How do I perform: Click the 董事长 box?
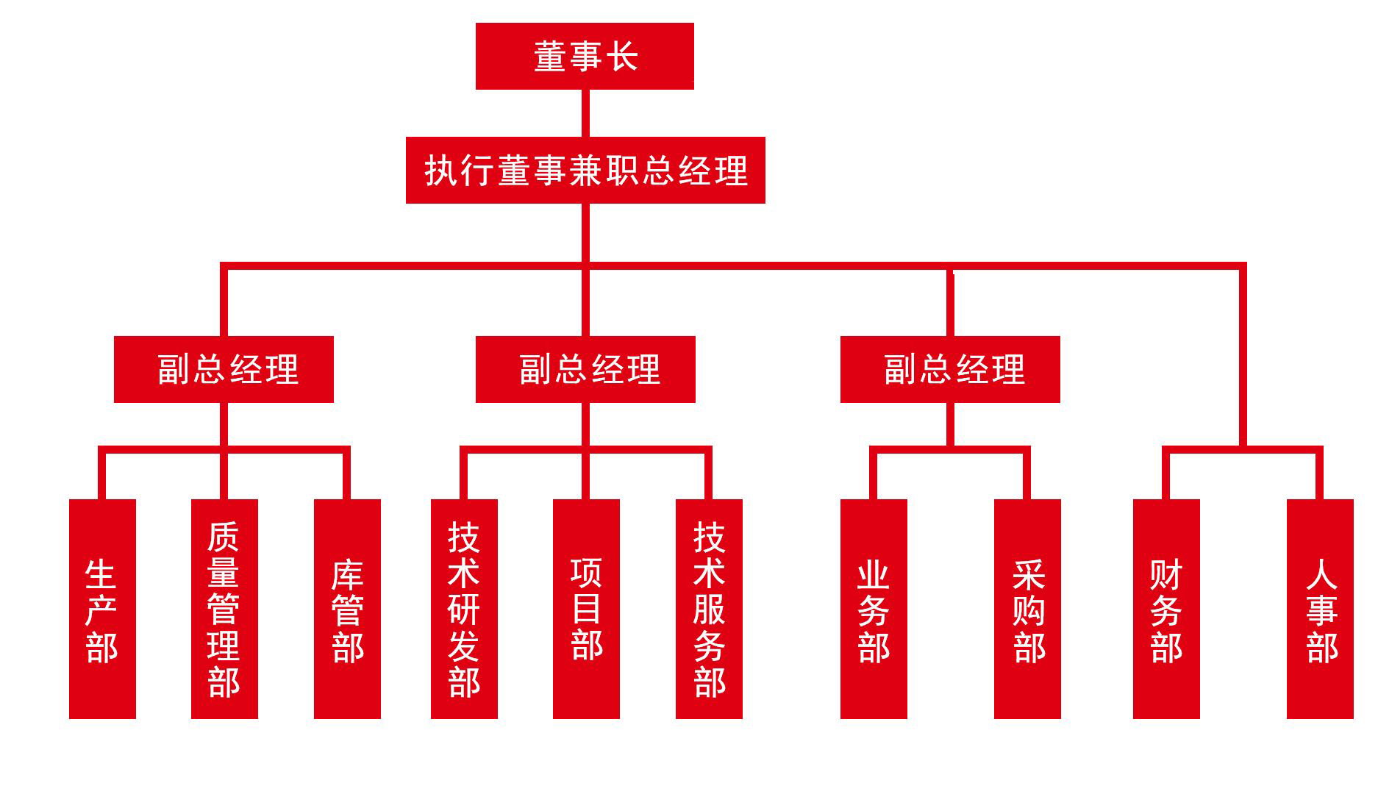click(585, 56)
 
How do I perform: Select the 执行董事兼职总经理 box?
click(585, 170)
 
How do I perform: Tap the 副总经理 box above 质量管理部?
click(224, 369)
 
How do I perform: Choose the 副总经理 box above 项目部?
click(585, 369)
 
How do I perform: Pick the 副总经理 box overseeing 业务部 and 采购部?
click(950, 369)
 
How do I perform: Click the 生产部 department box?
click(102, 609)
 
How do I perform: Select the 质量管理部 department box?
click(224, 609)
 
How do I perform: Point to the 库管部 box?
click(347, 609)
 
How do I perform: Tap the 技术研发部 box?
click(464, 609)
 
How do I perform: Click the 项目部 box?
click(586, 609)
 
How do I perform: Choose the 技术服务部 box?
click(709, 609)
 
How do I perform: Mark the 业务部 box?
click(874, 609)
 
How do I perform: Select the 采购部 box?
click(1027, 609)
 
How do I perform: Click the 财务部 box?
click(1166, 609)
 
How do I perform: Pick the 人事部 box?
click(1320, 609)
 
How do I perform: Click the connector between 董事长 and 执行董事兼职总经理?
click(585, 113)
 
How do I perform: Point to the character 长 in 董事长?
click(622, 57)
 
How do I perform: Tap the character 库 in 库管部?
click(347, 575)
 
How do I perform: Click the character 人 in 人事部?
click(1321, 574)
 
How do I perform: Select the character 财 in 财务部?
click(1166, 575)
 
